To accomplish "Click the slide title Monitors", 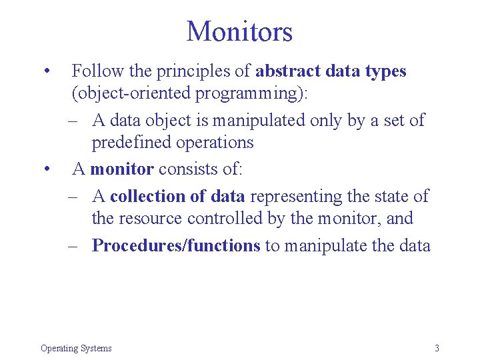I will [239, 31].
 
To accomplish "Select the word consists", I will [186, 169].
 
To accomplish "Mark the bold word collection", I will [149, 197].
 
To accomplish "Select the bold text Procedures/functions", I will [176, 246].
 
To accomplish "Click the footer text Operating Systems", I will [76, 348].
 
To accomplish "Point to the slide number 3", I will [437, 348].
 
